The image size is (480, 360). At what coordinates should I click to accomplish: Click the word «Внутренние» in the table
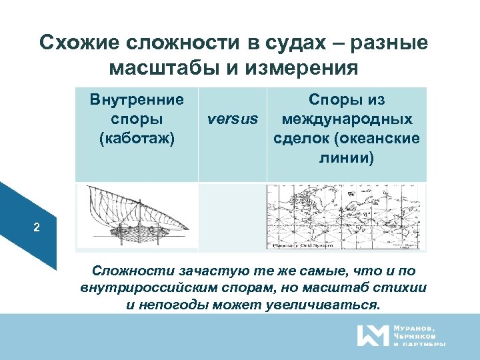[137, 100]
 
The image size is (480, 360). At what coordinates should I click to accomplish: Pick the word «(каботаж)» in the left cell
[137, 139]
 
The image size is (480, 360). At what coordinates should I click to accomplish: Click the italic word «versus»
[232, 119]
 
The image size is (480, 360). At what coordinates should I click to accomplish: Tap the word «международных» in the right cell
[347, 119]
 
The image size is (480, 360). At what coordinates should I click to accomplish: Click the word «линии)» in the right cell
[347, 158]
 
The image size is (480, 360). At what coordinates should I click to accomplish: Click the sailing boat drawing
[137, 217]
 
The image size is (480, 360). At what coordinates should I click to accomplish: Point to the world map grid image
[345, 217]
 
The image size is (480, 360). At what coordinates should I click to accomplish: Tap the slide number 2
[37, 228]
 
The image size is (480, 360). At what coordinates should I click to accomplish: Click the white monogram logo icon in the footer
[373, 335]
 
